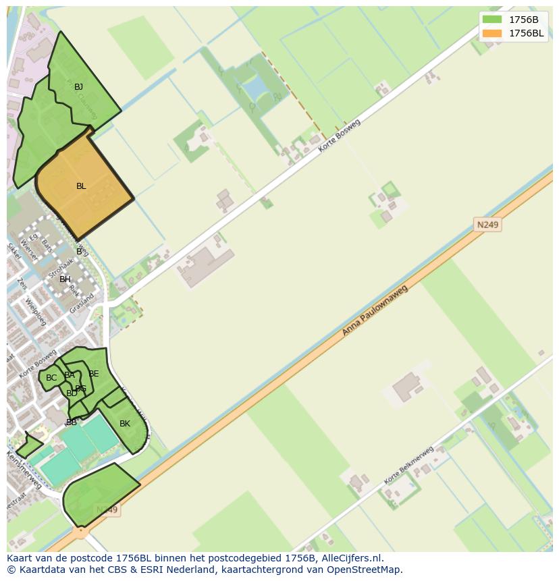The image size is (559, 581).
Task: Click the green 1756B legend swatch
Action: (x=491, y=20)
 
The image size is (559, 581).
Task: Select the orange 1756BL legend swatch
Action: (x=491, y=33)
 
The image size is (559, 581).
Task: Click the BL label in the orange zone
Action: (x=81, y=186)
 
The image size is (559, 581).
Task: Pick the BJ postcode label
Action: (x=79, y=87)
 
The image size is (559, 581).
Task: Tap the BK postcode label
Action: (x=125, y=424)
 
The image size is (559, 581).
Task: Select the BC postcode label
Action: (x=51, y=378)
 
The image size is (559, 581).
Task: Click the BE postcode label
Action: (x=94, y=374)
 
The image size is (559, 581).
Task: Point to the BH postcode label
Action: (x=65, y=279)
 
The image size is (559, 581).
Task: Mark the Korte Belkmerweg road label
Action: (x=408, y=465)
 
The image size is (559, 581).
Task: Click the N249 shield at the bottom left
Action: (x=107, y=510)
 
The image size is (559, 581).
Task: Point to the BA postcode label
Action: (x=70, y=375)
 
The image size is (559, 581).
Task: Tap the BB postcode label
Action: (x=71, y=422)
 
